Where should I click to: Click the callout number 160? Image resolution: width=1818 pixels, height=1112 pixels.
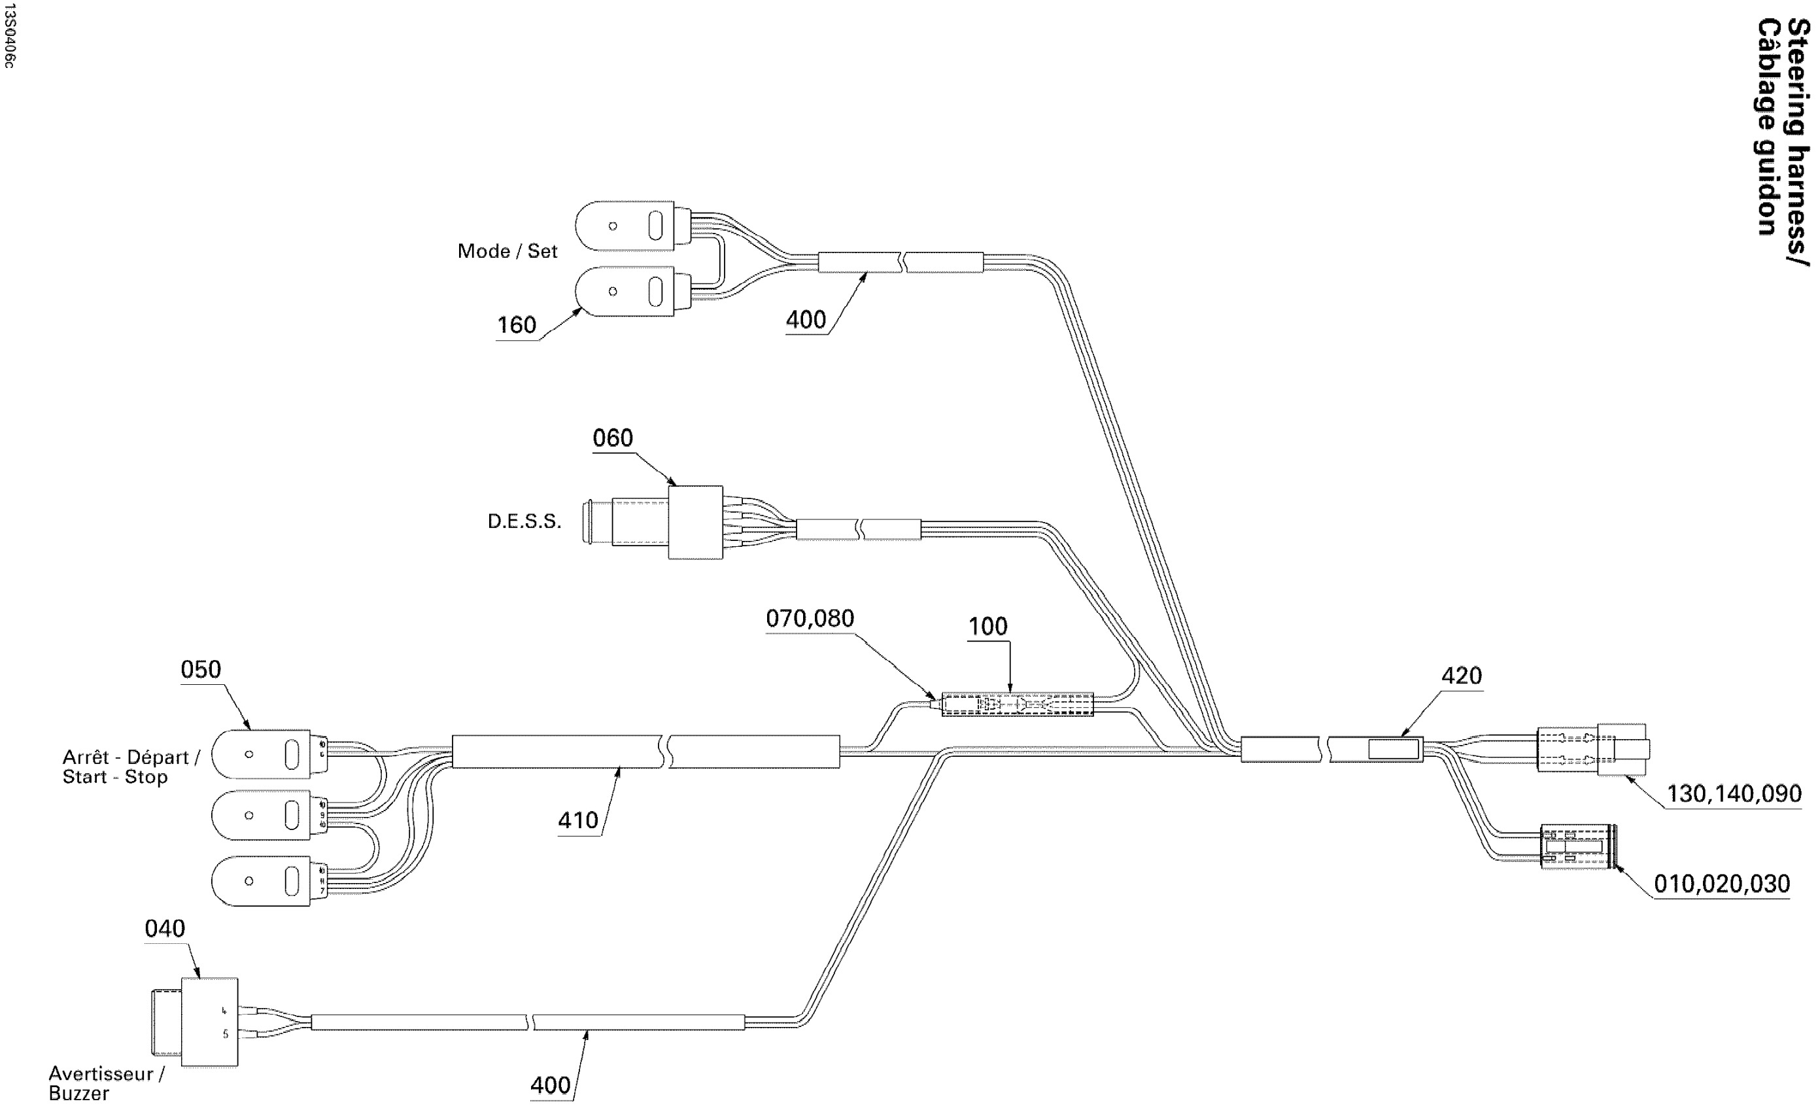click(x=517, y=325)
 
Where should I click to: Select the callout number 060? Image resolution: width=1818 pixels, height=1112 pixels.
click(x=612, y=438)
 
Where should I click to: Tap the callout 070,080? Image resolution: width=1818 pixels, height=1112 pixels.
click(x=810, y=618)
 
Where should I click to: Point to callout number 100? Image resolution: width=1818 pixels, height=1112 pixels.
click(x=987, y=627)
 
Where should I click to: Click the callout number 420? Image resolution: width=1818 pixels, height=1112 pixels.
click(x=1461, y=676)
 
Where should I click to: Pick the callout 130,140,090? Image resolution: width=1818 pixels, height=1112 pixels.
click(x=1734, y=794)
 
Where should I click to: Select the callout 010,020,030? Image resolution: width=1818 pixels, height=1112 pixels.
click(x=1721, y=884)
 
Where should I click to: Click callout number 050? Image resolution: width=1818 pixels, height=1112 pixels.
click(x=201, y=670)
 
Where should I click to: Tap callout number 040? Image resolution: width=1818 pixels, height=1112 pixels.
click(x=165, y=929)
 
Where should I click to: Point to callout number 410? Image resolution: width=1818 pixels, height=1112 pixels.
click(x=577, y=820)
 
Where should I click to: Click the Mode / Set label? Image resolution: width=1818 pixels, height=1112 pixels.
click(x=507, y=252)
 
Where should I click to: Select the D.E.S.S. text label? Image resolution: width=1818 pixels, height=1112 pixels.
click(x=524, y=522)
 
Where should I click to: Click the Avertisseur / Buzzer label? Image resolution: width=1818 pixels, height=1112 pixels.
click(x=106, y=1083)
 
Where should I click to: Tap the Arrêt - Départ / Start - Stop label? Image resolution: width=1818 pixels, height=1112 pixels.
click(x=131, y=767)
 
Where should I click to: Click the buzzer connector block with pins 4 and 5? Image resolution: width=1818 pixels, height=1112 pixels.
click(x=209, y=1022)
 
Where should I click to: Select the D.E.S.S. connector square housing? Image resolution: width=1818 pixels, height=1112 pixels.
click(x=695, y=523)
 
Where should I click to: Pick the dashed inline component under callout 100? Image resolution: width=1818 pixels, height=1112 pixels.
click(x=1017, y=704)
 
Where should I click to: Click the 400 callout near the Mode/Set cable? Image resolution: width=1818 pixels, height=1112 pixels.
click(x=806, y=321)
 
